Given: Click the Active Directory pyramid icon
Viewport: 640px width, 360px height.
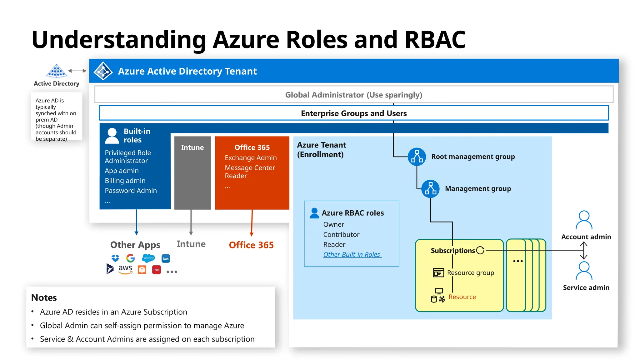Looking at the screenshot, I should click(56, 71).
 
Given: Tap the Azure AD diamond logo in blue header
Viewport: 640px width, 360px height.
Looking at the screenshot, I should click(103, 71).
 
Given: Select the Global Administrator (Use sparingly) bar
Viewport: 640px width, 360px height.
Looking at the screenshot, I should click(353, 95).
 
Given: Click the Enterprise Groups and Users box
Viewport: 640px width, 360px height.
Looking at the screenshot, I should click(353, 113).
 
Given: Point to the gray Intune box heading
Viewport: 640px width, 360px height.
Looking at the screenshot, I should click(192, 147).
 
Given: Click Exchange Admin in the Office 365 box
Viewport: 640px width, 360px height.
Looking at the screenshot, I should click(251, 158).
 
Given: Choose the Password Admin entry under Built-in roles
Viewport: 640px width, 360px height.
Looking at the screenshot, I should click(131, 191).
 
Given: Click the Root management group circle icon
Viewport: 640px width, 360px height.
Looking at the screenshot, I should click(417, 157).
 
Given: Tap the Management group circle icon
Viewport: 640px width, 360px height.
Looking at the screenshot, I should click(430, 189).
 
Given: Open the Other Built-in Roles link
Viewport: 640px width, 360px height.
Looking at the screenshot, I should click(352, 255).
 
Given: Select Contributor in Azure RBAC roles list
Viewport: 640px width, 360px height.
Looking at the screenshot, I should click(341, 235).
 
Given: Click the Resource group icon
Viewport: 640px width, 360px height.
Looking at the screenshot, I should click(438, 273).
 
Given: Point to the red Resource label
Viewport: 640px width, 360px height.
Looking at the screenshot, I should click(462, 297).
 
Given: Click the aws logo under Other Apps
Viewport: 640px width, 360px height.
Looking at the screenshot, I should click(125, 269).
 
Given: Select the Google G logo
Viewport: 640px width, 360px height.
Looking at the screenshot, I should click(130, 258).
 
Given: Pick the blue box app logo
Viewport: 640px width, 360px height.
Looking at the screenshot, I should click(166, 258).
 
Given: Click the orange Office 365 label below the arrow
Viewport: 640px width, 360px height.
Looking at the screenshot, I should click(251, 245).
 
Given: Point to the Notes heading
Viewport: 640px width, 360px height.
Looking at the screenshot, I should click(44, 297).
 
